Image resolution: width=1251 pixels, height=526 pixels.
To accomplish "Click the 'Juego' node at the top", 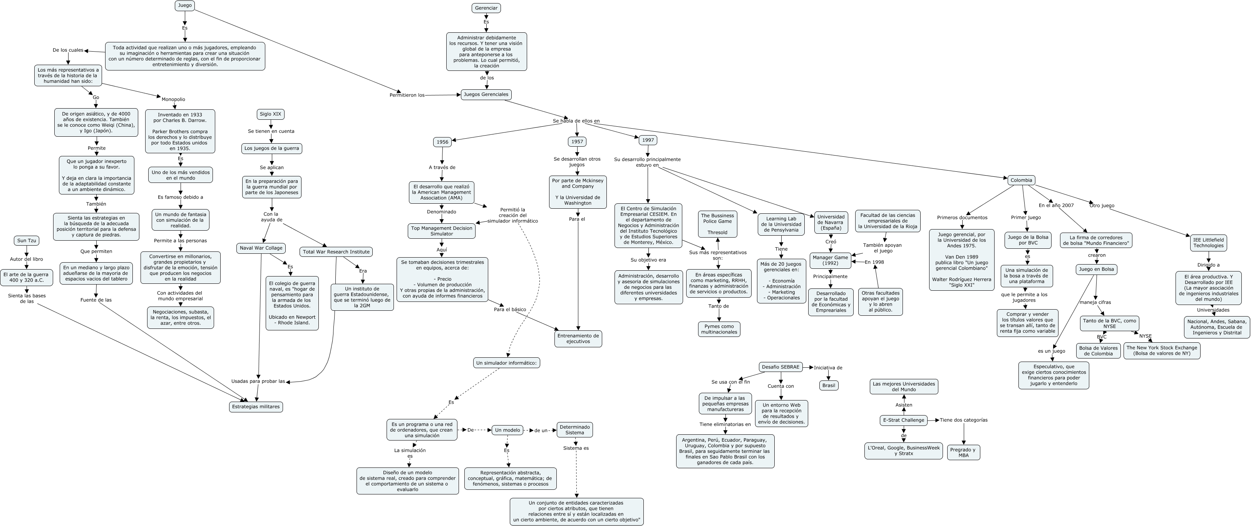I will (184, 6).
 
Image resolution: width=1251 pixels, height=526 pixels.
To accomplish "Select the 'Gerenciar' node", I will (486, 8).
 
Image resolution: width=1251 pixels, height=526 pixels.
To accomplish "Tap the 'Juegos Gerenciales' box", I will (486, 95).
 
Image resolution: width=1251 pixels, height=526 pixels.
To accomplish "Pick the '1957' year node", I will (577, 142).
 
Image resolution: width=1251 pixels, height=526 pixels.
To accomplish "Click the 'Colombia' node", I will (1021, 180).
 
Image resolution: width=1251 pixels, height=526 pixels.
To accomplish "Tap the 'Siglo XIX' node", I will (271, 114).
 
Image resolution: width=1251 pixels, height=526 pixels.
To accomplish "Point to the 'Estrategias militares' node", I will (256, 407).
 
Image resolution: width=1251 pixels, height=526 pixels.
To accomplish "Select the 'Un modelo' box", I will (507, 430).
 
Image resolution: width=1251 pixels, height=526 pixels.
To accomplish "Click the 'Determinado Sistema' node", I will (574, 430).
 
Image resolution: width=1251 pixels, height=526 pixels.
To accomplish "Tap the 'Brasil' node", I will (829, 385).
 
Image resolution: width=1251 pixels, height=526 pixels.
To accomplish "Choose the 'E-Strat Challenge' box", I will (903, 420).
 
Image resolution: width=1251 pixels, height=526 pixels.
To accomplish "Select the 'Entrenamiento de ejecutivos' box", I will (578, 338).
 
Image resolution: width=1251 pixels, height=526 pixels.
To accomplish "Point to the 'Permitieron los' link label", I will (407, 95).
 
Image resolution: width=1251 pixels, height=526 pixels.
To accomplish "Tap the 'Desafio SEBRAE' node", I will (780, 367).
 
